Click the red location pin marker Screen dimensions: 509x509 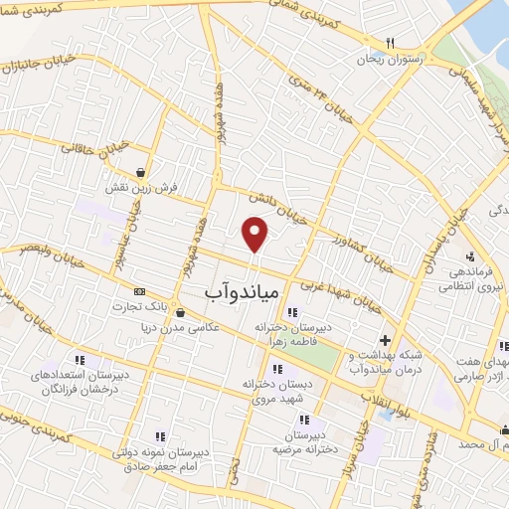pos(255,233)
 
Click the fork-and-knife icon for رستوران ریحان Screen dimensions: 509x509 pos(390,43)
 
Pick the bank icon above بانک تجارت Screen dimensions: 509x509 pos(139,291)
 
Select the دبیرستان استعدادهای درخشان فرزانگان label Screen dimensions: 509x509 pos(79,386)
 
